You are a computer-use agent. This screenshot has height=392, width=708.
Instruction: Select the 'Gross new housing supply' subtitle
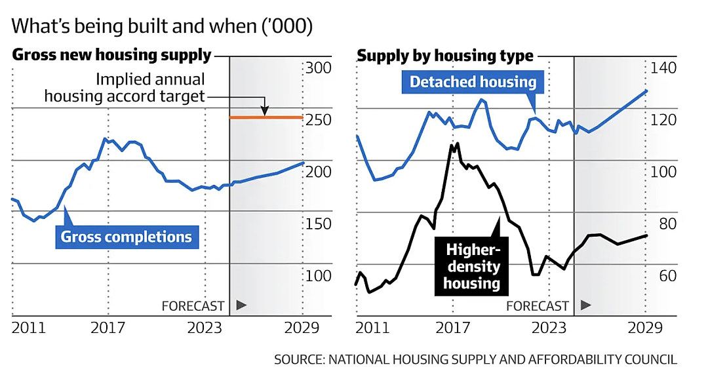(x=111, y=54)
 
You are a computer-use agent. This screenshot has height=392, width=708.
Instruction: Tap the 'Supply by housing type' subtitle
(x=445, y=56)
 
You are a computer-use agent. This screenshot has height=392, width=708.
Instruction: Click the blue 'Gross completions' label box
(x=127, y=237)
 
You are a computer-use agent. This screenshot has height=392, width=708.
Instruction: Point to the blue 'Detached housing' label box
(x=473, y=82)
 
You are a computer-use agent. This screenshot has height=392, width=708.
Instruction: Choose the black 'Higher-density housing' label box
(x=471, y=266)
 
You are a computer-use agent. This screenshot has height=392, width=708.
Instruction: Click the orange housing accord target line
(x=266, y=117)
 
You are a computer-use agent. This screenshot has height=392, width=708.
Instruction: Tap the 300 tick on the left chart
(x=319, y=68)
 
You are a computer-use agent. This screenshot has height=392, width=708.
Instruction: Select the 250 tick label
(x=319, y=120)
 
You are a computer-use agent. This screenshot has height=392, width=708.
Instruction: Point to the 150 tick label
(x=319, y=224)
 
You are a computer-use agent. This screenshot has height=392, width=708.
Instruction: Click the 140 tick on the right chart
(x=663, y=68)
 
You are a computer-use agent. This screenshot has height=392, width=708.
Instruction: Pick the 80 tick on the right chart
(x=668, y=224)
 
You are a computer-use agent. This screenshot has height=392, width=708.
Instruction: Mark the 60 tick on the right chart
(x=668, y=275)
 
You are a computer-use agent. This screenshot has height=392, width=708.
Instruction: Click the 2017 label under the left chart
(x=108, y=327)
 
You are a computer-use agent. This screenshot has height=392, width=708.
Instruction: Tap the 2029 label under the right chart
(x=645, y=327)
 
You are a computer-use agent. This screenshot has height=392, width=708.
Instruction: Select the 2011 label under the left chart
(x=29, y=327)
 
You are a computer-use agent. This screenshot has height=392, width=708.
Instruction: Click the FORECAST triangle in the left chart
(x=241, y=305)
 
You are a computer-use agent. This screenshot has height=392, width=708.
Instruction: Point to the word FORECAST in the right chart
(x=538, y=306)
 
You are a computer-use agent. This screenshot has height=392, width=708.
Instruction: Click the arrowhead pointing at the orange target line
(x=265, y=111)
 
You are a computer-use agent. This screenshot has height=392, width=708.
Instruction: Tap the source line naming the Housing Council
(x=475, y=359)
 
